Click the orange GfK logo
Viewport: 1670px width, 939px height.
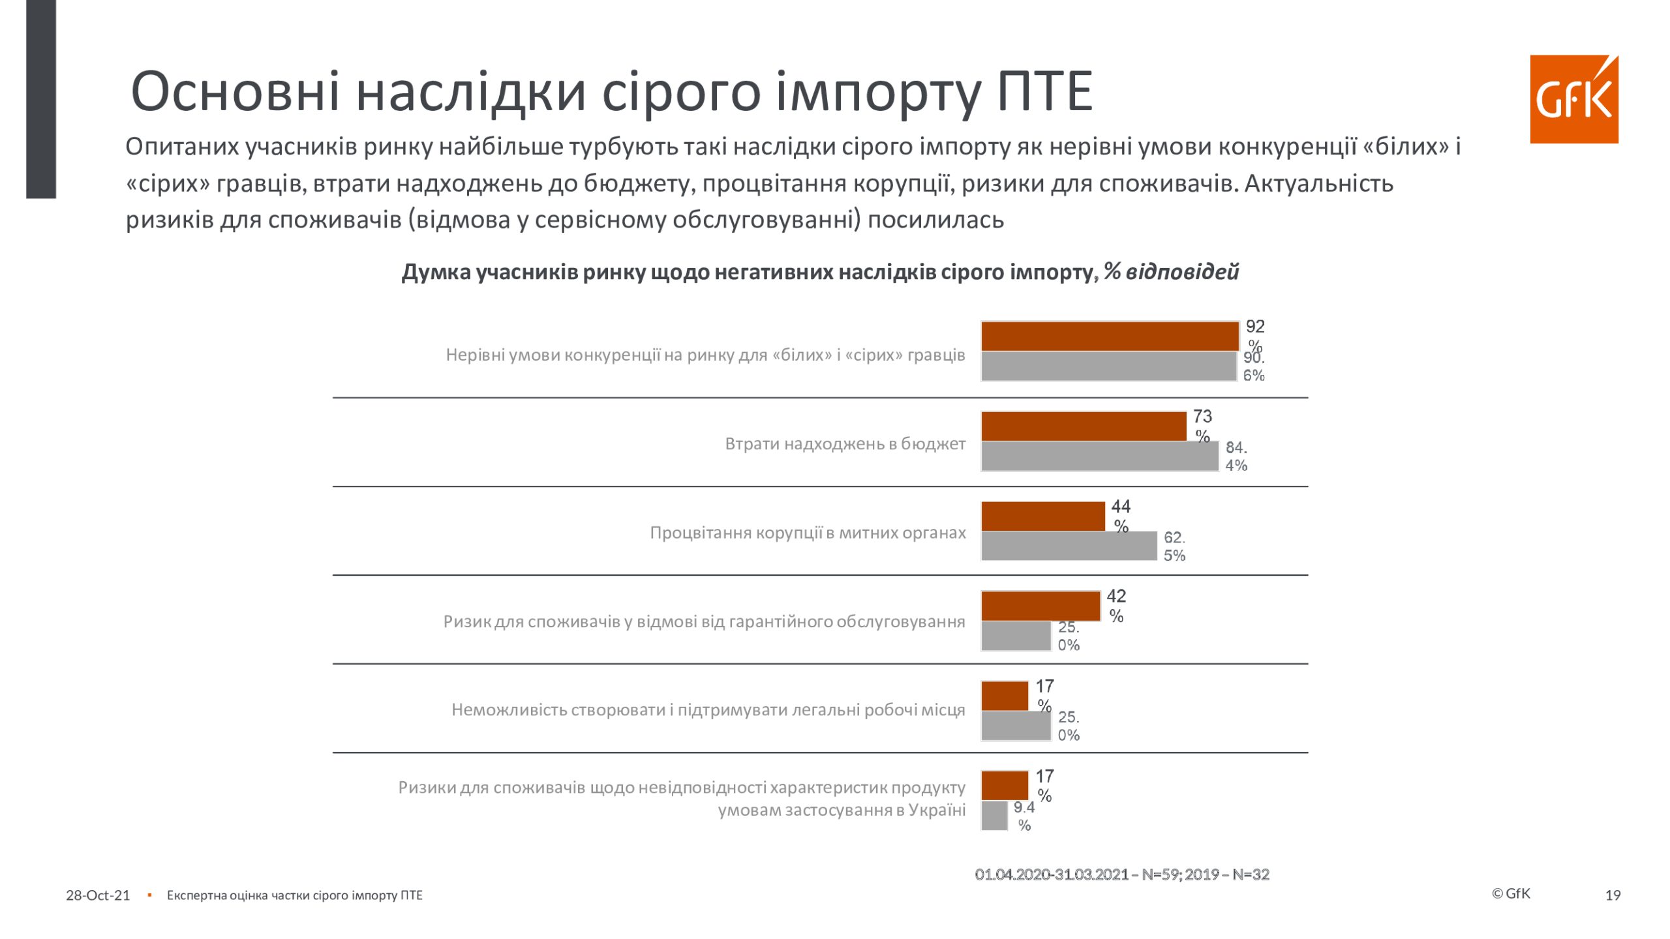1573,99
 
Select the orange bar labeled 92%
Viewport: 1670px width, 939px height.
1109,336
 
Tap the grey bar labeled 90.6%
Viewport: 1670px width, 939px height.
1109,366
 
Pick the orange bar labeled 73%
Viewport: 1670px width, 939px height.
1083,426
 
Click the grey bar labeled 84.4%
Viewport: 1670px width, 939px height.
1099,456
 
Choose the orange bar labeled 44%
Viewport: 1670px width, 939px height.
1042,516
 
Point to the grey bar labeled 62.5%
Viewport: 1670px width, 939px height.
1069,546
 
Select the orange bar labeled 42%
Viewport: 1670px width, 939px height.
1040,606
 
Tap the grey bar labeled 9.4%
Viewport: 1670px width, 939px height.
994,816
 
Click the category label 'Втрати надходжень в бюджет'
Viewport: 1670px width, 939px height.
845,444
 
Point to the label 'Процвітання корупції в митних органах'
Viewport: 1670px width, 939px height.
808,533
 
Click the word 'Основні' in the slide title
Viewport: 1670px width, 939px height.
235,91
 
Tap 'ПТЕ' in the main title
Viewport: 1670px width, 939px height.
1044,91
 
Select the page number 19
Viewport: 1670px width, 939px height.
1613,895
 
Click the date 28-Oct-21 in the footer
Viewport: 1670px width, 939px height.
98,895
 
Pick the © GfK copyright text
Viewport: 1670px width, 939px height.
1511,893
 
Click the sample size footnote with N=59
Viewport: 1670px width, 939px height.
1122,874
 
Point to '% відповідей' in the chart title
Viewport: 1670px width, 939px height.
1171,272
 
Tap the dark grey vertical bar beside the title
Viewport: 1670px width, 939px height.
41,98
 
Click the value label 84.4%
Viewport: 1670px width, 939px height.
1236,456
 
